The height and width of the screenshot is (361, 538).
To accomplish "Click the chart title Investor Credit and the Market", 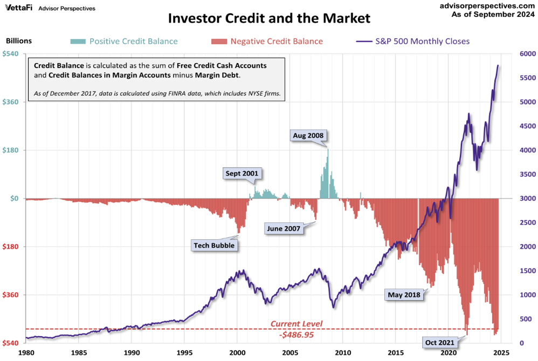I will point(269,18).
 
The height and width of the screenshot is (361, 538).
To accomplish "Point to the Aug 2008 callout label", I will point(308,135).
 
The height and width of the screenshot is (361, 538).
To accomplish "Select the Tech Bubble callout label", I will point(215,246).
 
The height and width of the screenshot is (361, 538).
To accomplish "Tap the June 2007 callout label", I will point(283,228).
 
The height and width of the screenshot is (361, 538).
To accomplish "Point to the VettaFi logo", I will point(17,8).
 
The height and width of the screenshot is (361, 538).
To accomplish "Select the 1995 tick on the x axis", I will point(184,353).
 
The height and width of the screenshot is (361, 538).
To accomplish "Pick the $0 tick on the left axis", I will point(15,198).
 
